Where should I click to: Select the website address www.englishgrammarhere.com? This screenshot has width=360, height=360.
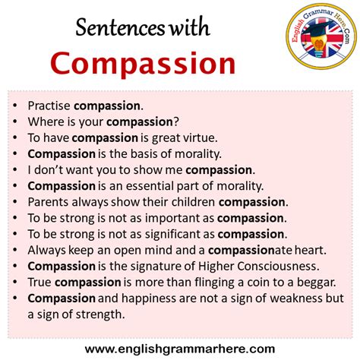[180, 349]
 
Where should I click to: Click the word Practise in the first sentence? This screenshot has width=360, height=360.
[48, 106]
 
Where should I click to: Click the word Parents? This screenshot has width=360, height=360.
[48, 202]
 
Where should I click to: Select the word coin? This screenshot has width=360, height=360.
[257, 282]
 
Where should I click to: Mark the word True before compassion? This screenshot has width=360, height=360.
[39, 282]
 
